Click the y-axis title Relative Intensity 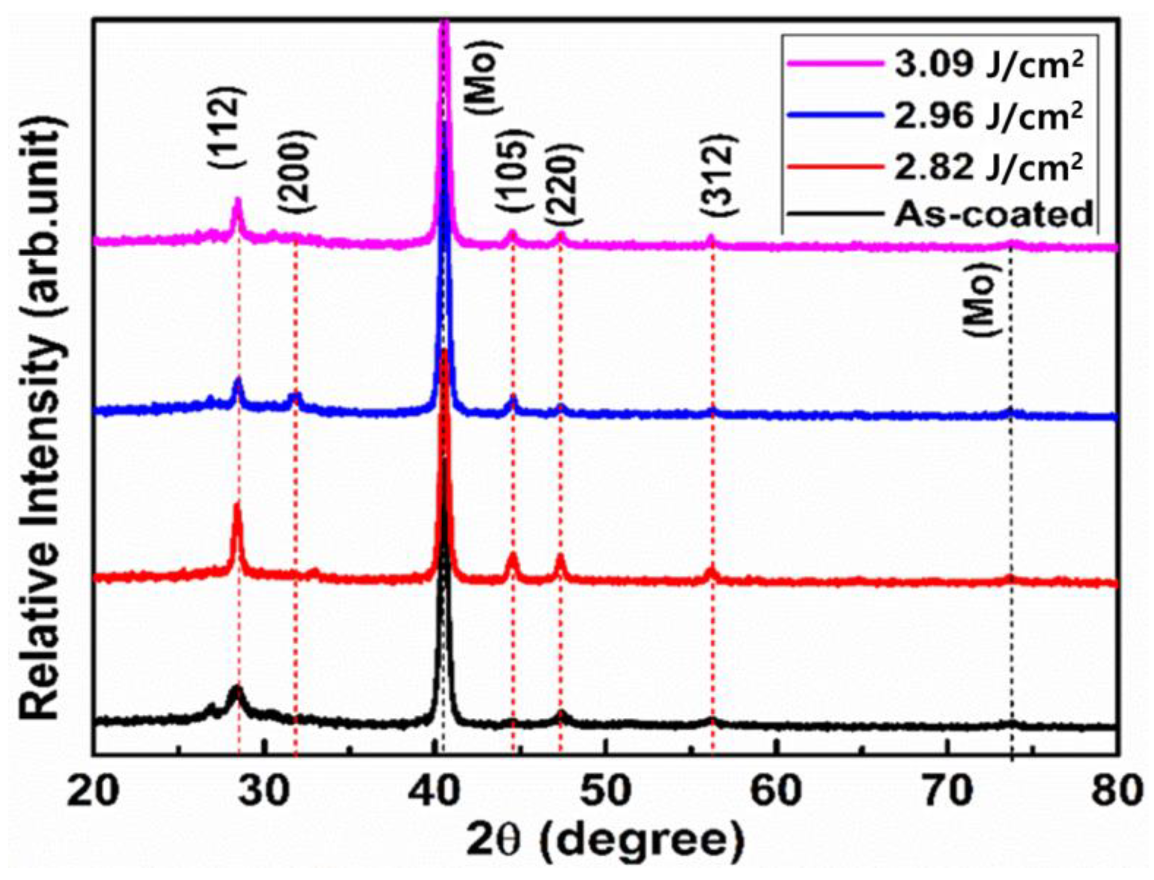44,417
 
